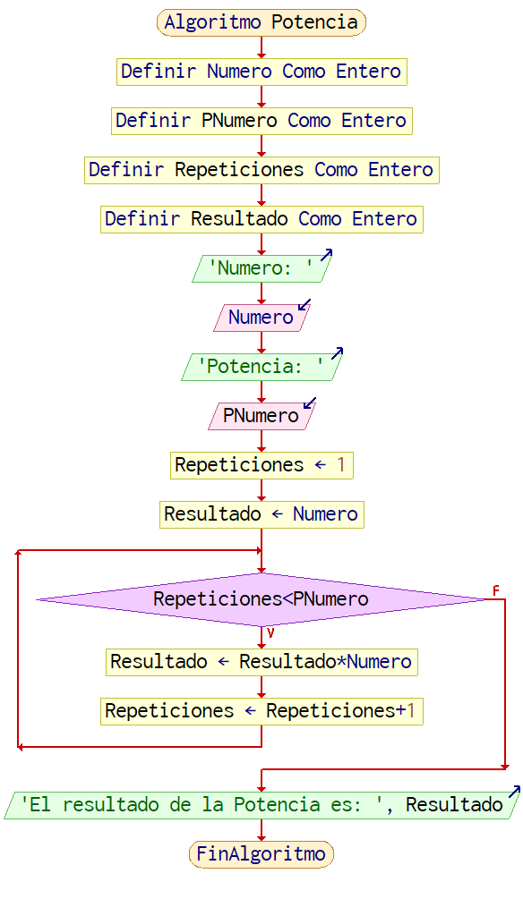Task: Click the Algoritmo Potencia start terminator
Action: coord(261,22)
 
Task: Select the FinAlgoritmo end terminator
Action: coord(261,853)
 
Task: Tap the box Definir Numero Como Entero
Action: coord(261,72)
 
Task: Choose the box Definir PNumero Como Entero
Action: coord(261,121)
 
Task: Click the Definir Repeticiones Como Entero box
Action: coord(261,170)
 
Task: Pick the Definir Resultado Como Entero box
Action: coord(261,219)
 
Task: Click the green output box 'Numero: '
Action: coord(261,268)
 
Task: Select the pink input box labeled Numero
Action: coord(261,318)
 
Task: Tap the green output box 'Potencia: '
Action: coord(261,367)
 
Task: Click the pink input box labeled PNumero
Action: coord(261,416)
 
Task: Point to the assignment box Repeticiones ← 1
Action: coord(261,465)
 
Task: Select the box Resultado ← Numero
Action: coord(261,514)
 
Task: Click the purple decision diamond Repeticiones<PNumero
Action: coord(261,599)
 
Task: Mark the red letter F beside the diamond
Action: coord(496,590)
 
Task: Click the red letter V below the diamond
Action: coord(270,633)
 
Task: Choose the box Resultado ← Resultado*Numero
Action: coord(261,662)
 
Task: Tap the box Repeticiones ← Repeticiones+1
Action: coord(261,711)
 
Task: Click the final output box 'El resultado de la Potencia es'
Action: coord(261,805)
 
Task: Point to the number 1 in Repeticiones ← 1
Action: coord(341,465)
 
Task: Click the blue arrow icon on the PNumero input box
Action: coord(310,403)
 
